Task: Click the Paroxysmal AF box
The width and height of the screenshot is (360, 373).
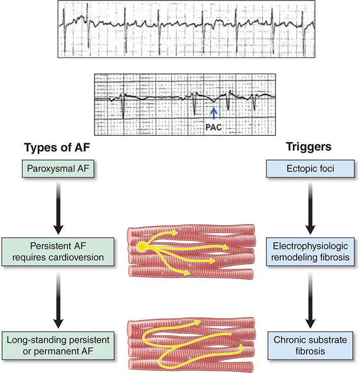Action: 58,168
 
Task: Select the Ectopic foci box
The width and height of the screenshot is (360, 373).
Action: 310,168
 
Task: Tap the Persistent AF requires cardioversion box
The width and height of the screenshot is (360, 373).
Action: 58,251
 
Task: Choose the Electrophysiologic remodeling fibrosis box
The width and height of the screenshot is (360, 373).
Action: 310,251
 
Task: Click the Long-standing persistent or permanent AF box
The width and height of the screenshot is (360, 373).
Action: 58,346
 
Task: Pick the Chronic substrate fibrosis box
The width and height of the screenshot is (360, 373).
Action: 310,346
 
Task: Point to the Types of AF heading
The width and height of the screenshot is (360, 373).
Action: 57,147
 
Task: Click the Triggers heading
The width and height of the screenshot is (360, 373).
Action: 309,147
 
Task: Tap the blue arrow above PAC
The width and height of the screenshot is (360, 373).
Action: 213,113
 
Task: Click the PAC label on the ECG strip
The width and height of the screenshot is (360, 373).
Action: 213,127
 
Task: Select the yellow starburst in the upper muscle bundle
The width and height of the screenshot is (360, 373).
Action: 141,247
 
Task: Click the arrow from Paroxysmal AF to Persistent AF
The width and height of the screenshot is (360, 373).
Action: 59,208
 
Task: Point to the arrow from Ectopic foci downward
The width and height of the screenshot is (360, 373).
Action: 310,208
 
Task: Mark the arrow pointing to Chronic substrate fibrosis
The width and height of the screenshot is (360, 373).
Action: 310,301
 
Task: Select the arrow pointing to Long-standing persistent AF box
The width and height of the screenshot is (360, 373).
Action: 59,301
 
